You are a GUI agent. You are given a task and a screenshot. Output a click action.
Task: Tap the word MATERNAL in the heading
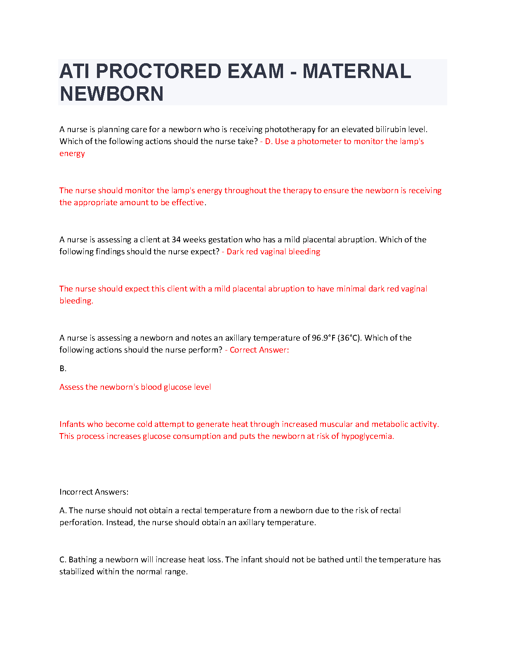click(356, 71)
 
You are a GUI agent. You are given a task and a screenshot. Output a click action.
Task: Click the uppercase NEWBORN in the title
click(111, 94)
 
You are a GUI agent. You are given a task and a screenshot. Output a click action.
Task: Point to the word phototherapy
click(290, 129)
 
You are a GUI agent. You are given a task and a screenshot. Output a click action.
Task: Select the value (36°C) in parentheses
click(349, 338)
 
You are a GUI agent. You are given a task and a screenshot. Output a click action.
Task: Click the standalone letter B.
click(63, 368)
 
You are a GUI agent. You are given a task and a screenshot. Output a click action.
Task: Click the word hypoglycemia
click(367, 436)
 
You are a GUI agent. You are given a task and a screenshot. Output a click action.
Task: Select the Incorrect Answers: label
click(94, 492)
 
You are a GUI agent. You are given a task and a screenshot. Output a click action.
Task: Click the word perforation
click(81, 522)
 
